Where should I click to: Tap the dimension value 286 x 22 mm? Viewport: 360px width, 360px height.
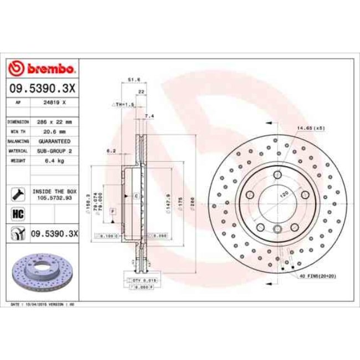pos(55,121)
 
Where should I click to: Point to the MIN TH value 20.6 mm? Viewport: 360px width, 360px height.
pos(55,131)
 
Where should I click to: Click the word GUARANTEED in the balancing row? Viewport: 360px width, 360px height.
pos(55,141)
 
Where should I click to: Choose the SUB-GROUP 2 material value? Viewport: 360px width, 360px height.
pos(55,151)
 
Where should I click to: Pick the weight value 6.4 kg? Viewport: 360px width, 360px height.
pos(55,160)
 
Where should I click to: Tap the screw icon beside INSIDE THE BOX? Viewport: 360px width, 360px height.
pos(17,193)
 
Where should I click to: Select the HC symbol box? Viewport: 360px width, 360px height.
pos(17,213)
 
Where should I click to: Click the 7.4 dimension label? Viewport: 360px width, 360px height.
pos(148,116)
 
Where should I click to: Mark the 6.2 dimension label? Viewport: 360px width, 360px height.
pos(111,150)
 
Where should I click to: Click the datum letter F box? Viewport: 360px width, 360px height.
pos(112,212)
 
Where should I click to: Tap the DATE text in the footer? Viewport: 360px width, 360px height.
pos(17,304)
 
